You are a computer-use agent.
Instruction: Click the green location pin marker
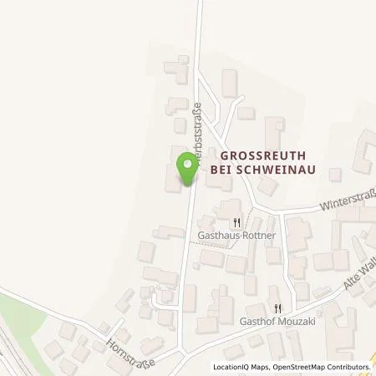pyautogui.click(x=188, y=170)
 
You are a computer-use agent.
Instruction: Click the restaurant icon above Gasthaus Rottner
pyautogui.click(x=236, y=222)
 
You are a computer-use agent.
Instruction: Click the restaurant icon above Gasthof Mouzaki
pyautogui.click(x=288, y=308)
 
